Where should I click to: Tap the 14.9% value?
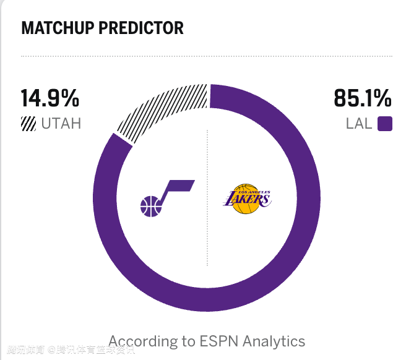click(x=50, y=98)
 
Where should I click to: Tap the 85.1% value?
click(x=363, y=98)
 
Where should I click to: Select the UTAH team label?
click(x=61, y=124)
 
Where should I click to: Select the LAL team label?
click(x=359, y=124)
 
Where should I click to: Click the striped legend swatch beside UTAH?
click(x=28, y=124)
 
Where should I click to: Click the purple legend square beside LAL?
click(x=384, y=124)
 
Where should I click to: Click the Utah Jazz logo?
click(x=166, y=198)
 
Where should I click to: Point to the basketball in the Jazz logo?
click(x=150, y=207)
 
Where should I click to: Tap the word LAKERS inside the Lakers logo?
click(x=247, y=199)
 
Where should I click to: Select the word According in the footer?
click(x=142, y=341)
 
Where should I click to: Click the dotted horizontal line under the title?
click(x=207, y=56)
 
